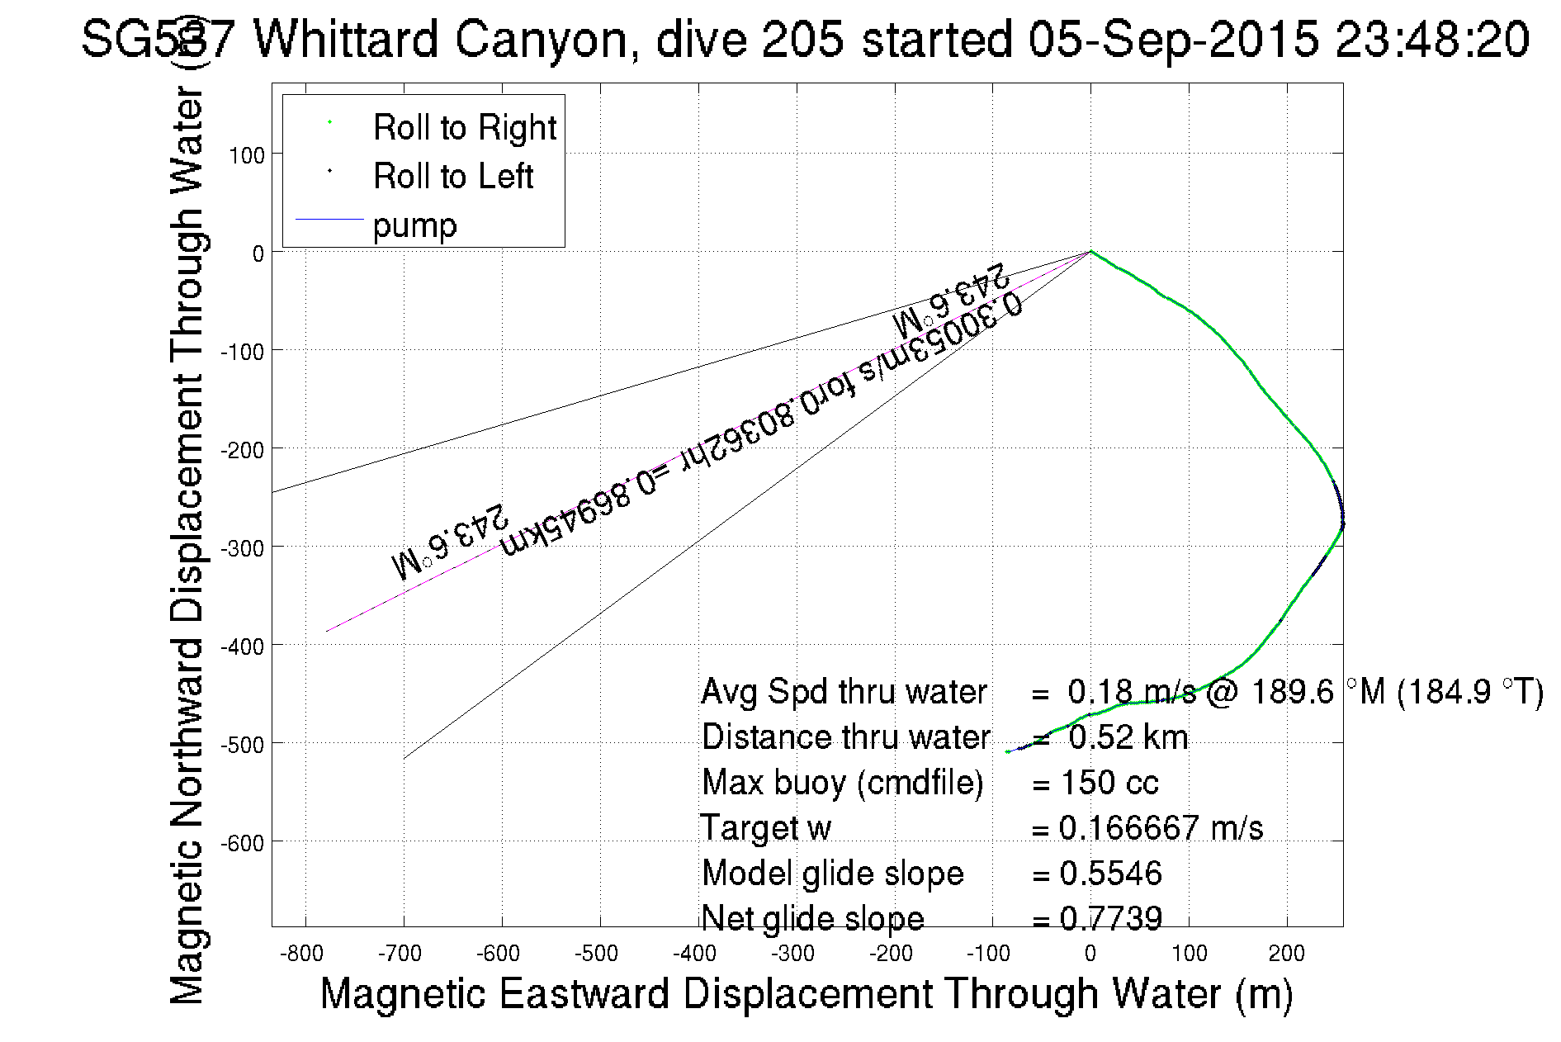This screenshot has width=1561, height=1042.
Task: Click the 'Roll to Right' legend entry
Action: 465,128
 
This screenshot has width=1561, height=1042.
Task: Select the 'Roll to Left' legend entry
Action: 453,177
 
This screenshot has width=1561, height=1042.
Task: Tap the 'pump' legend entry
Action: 414,225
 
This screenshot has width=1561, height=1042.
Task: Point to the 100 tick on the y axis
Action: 247,155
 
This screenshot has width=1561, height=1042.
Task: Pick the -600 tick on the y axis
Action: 243,843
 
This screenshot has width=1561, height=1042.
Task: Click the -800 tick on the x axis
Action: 301,954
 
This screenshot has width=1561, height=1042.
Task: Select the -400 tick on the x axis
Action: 694,954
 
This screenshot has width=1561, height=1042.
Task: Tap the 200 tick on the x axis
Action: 1286,954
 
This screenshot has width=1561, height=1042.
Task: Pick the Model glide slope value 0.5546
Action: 1110,874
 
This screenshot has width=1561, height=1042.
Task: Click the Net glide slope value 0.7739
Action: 1110,918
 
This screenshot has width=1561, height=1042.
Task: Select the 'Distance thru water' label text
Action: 845,737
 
